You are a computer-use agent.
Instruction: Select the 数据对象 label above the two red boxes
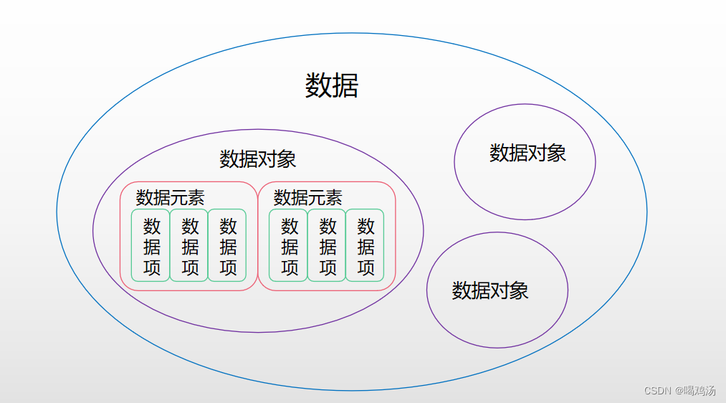pos(258,159)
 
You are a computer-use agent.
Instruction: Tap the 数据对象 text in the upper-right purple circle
pos(528,153)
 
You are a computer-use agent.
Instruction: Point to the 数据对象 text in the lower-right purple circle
pos(490,290)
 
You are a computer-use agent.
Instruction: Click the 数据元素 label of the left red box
pos(171,197)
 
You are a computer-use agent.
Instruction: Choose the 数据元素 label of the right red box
pos(308,197)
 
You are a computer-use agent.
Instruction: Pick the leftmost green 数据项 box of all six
pos(151,246)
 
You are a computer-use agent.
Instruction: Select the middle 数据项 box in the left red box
pos(190,246)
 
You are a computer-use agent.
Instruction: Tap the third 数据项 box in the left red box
pos(228,246)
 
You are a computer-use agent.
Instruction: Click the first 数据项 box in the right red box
pos(290,246)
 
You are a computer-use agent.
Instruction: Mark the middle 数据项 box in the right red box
pos(328,246)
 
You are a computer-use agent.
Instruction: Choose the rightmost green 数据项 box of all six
pos(366,246)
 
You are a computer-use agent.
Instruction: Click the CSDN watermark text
pos(656,391)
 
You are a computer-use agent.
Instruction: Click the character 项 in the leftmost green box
pos(151,267)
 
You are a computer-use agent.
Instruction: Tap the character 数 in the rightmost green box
pos(366,227)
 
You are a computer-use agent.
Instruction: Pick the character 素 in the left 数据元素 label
pos(196,197)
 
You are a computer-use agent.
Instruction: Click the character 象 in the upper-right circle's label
pos(557,153)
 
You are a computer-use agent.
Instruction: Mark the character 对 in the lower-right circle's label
pos(500,290)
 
